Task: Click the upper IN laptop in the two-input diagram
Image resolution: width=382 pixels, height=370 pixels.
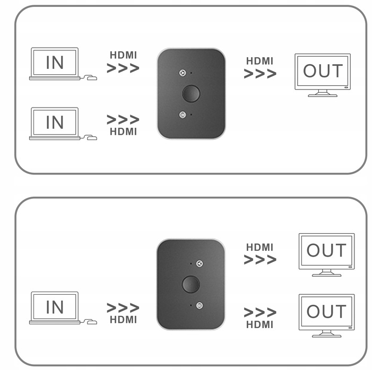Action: click(x=55, y=63)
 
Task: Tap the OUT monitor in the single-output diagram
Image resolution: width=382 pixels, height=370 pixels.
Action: click(x=323, y=71)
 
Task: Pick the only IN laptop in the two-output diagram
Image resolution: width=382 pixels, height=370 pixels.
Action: click(x=55, y=307)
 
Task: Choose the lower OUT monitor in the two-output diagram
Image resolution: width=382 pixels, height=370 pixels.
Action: click(x=326, y=311)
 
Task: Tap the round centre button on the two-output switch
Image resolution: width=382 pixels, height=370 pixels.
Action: click(x=191, y=284)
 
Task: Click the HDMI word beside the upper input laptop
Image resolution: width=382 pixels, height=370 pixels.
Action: click(x=123, y=55)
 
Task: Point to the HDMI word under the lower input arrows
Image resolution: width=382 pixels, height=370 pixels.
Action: click(x=123, y=131)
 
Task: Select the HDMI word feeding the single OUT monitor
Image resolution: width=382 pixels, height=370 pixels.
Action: click(x=260, y=61)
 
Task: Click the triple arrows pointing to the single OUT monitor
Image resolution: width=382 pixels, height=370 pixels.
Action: click(x=260, y=74)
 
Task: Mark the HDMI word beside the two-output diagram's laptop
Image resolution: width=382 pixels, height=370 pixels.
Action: click(x=123, y=320)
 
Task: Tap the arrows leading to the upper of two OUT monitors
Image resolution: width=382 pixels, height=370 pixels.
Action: click(x=260, y=260)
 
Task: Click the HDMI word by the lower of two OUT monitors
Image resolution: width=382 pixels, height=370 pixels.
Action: click(x=260, y=324)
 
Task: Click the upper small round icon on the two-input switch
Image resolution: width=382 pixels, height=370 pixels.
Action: click(x=183, y=73)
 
